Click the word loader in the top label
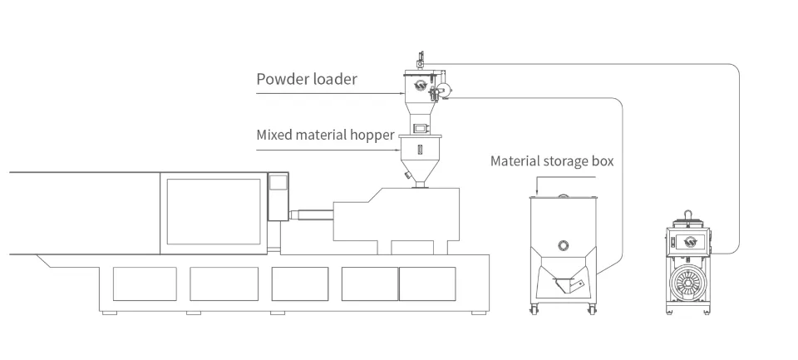click(x=333, y=80)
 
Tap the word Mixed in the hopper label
click(x=276, y=135)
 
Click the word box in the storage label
click(x=602, y=161)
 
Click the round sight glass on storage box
click(x=564, y=245)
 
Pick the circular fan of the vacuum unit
click(x=690, y=284)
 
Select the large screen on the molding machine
click(x=214, y=211)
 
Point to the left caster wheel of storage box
click(x=534, y=311)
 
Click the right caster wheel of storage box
click(x=594, y=311)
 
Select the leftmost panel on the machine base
click(x=144, y=284)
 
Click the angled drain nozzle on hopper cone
click(x=406, y=175)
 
